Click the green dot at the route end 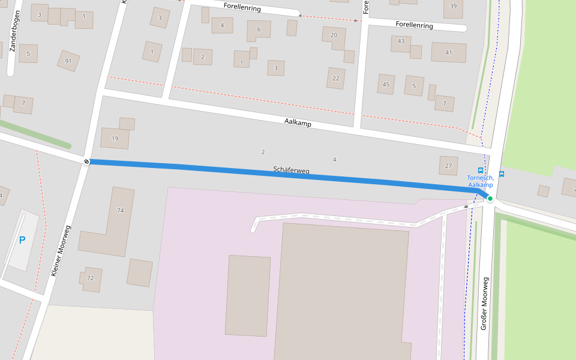point(490,199)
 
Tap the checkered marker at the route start point(87,161)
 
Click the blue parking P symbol point(22,240)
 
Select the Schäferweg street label point(291,170)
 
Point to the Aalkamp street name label point(298,122)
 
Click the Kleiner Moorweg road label point(62,250)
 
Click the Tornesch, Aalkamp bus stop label point(481,181)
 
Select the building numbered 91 point(68,61)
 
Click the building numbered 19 point(115,139)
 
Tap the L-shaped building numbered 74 point(119,211)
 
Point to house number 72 point(91,278)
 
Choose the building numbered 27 point(448,166)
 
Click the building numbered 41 point(448,53)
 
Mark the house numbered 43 point(401,41)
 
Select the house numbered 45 point(386,85)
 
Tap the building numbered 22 point(335,78)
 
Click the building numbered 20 point(334,35)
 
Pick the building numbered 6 point(259,29)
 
